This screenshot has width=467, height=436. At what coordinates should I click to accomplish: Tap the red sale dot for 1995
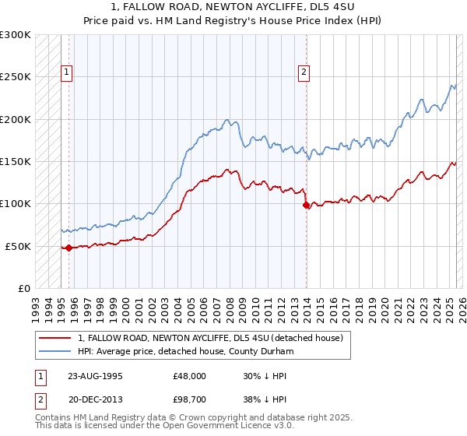tap(68, 248)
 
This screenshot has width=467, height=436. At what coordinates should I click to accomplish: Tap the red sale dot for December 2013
tap(307, 206)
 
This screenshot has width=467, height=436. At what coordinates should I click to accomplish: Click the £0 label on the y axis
tap(23, 289)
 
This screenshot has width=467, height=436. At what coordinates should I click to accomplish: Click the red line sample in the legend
tap(54, 338)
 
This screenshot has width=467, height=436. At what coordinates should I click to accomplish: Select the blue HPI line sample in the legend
tap(54, 352)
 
